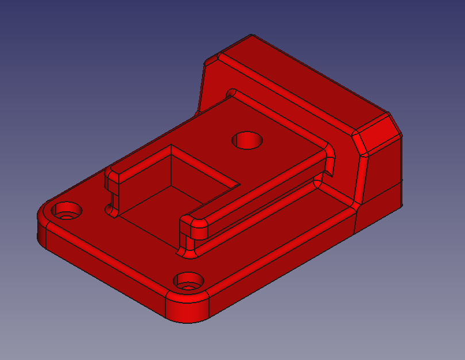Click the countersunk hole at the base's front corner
(x=188, y=282)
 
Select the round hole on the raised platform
(x=247, y=140)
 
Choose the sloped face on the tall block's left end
(x=210, y=86)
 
